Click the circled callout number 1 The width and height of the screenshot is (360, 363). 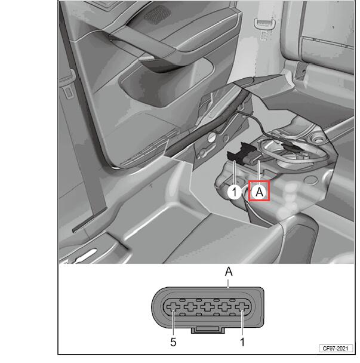coord(234,192)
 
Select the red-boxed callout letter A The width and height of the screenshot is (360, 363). coord(259,191)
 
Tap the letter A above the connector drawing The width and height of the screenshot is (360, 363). coord(229,272)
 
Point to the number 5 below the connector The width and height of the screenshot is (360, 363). coord(173,342)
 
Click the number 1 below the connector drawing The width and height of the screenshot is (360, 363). coord(242,342)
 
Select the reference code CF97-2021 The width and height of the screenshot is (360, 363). coord(336,349)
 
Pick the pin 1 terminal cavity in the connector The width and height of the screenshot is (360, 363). coord(242,307)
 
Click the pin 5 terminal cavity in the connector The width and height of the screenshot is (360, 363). coord(173,307)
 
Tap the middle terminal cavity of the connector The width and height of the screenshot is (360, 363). coord(208,307)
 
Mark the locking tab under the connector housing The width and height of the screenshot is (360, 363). coord(208,330)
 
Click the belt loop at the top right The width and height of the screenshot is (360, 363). coord(264,24)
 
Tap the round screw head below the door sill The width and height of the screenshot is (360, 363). coord(211,137)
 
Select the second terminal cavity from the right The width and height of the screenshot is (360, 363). coord(225,307)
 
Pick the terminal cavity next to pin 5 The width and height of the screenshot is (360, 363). coord(190,307)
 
